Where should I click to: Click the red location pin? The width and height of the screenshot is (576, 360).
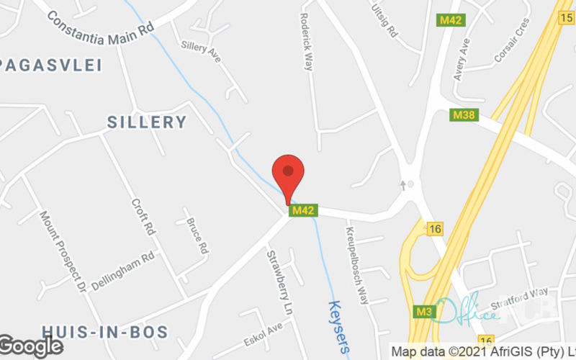[x=288, y=174]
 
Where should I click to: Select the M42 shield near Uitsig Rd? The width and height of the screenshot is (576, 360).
[x=451, y=20]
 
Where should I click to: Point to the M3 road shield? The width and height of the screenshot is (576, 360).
[x=423, y=312]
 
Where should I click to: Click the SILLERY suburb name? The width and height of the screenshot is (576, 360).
[x=147, y=122]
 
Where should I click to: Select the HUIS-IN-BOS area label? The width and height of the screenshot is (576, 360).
[x=104, y=332]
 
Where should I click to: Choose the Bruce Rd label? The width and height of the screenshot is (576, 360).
[x=197, y=235]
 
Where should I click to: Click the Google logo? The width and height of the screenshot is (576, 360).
[x=32, y=346]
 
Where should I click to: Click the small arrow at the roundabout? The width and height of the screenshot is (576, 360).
[x=404, y=185]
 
